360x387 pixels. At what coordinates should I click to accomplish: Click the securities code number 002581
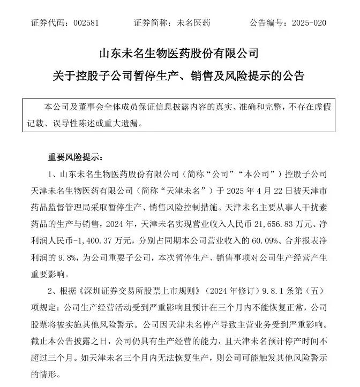pos(85,23)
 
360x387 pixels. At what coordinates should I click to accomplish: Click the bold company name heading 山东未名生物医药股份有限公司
pos(179,54)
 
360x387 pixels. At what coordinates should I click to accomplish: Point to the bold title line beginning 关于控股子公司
pos(179,76)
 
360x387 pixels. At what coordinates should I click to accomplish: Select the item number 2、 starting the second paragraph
pos(52,291)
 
